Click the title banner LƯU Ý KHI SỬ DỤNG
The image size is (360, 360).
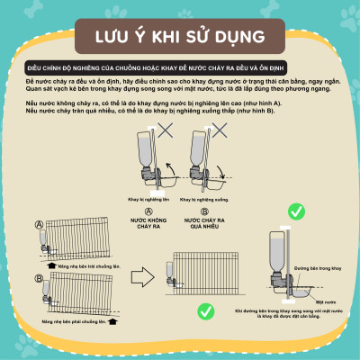coord(180,38)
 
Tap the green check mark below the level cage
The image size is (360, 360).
coord(206,310)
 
